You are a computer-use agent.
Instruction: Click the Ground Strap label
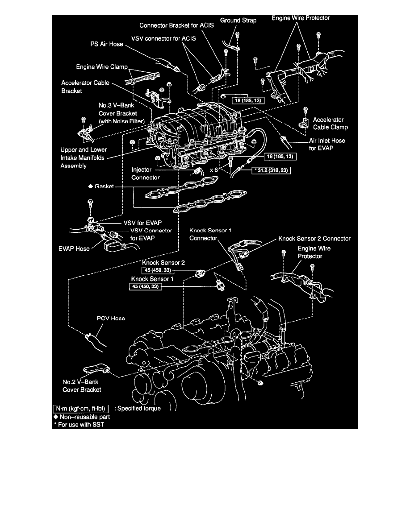(238, 21)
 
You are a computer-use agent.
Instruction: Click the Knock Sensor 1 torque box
(145, 287)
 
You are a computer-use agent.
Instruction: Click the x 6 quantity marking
(215, 170)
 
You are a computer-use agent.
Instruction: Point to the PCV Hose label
(111, 319)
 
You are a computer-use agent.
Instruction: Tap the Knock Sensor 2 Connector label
(314, 239)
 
